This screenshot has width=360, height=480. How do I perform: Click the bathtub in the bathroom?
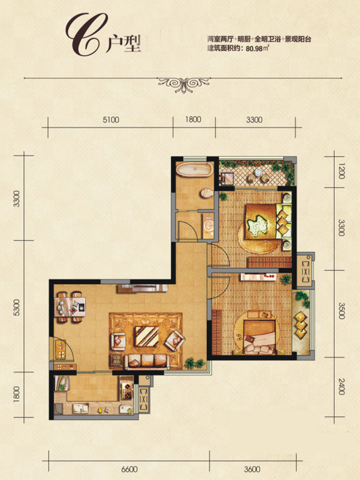(x=194, y=169)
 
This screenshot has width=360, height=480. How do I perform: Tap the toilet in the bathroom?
(x=207, y=194)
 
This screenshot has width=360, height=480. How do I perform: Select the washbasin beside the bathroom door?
(x=209, y=226)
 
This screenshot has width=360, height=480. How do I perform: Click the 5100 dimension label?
(x=110, y=119)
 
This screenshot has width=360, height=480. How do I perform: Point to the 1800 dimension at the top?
(x=193, y=119)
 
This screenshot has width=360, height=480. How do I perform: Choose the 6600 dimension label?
(x=129, y=469)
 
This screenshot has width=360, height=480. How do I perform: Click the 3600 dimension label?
(x=252, y=469)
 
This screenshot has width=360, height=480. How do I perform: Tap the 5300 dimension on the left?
(x=17, y=308)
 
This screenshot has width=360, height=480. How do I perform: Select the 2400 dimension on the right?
(x=341, y=386)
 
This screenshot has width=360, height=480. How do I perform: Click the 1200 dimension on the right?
(x=341, y=172)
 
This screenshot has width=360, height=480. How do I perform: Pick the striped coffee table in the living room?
(x=147, y=336)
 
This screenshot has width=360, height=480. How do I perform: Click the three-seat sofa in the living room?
(x=146, y=361)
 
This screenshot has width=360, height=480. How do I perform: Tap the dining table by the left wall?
(x=70, y=307)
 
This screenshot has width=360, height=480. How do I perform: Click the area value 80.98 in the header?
(x=254, y=49)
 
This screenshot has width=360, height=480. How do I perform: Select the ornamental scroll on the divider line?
(x=184, y=83)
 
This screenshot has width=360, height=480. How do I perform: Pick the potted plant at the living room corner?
(x=194, y=363)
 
